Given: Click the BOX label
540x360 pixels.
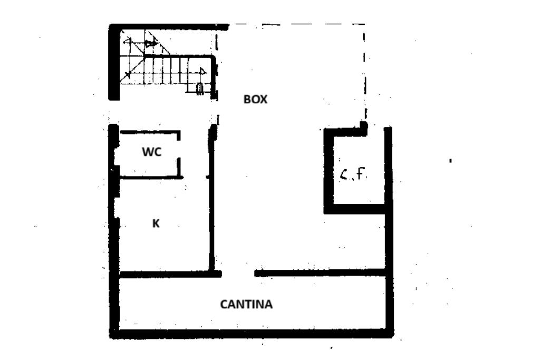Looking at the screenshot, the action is point(255,99).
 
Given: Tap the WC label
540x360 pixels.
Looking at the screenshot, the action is point(151,152).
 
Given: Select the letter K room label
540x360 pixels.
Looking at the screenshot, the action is point(156,223).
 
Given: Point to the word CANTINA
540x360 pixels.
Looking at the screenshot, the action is point(246,304).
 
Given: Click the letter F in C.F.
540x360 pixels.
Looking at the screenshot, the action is point(361,174).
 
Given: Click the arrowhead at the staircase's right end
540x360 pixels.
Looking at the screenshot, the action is point(203,71).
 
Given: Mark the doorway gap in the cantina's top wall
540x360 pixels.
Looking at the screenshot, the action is point(238,274).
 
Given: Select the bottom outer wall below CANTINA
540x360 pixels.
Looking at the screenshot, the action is point(252,333).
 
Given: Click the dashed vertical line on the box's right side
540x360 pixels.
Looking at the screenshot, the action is point(365,74).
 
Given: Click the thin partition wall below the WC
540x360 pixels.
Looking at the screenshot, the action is point(150,178).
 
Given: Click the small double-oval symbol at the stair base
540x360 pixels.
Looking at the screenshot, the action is point(200,89).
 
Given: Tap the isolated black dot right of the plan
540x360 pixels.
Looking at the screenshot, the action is point(450,160).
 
